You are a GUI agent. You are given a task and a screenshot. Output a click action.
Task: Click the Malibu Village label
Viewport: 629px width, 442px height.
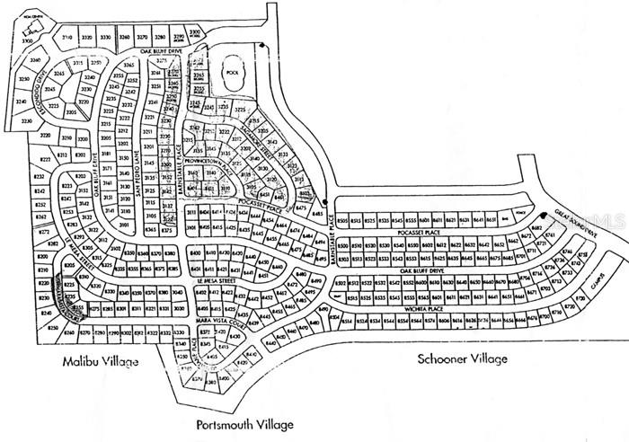(101, 361)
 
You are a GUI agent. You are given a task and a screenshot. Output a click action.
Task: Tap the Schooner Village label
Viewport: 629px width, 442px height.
(462, 358)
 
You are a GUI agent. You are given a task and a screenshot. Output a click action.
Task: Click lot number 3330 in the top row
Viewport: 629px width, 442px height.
(105, 38)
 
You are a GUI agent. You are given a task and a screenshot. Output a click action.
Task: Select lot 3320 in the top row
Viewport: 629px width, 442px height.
(86, 38)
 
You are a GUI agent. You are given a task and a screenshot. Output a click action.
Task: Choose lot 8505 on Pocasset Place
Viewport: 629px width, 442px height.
(342, 219)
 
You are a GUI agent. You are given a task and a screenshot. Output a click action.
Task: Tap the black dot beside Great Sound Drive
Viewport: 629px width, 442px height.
(544, 215)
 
